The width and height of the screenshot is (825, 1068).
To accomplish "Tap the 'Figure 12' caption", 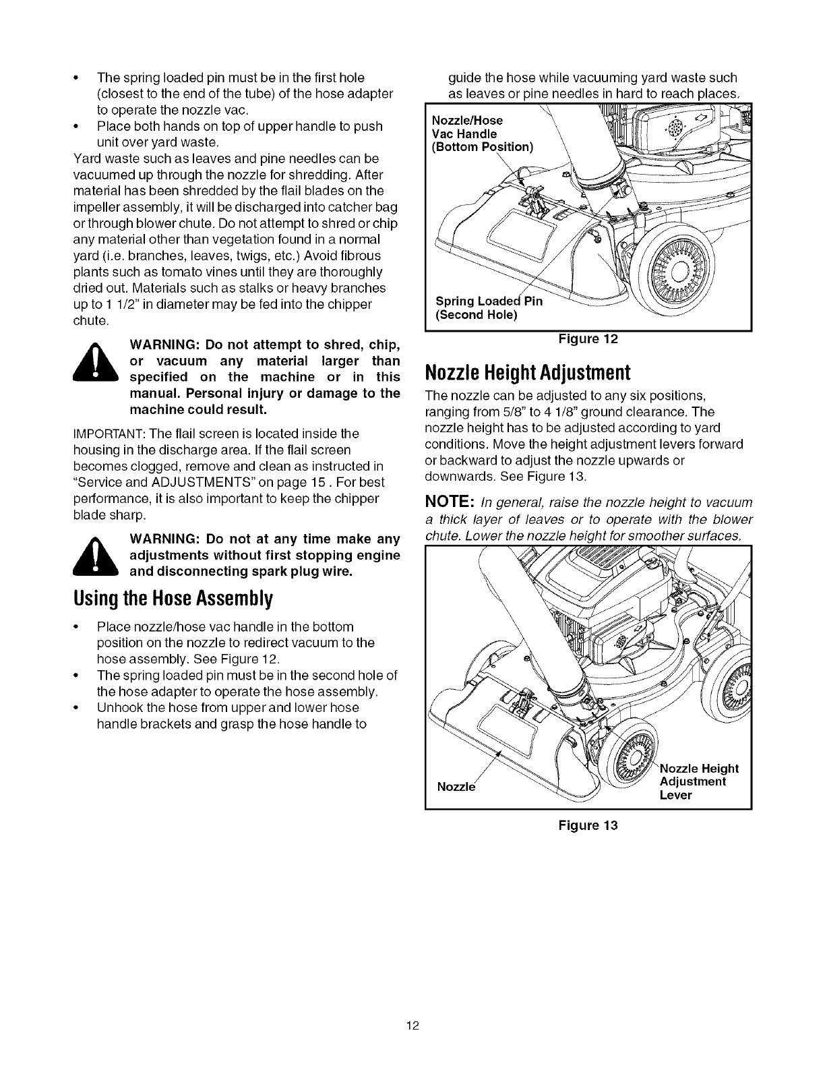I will pyautogui.click(x=588, y=340).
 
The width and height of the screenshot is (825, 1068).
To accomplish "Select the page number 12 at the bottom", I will pyautogui.click(x=413, y=1027).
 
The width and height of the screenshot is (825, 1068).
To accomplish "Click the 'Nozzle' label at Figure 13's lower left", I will pyautogui.click(x=456, y=787).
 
